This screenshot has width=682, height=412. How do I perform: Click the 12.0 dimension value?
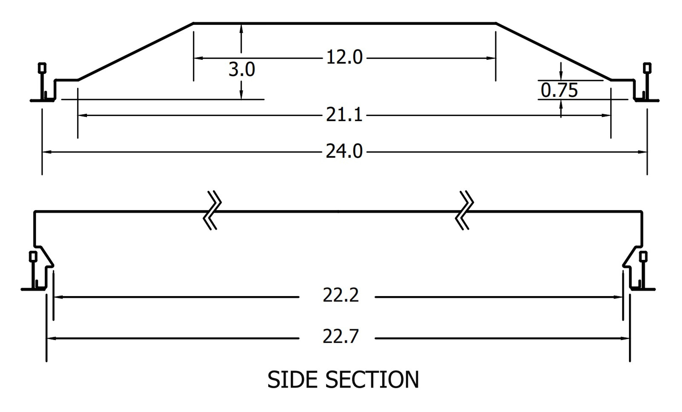tap(344, 58)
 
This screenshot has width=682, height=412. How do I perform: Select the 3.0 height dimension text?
tap(242, 70)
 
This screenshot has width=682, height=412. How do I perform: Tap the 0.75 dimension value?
tap(559, 90)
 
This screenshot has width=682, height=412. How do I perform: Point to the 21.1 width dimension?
tap(344, 115)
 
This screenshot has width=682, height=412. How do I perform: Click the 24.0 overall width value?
tap(344, 152)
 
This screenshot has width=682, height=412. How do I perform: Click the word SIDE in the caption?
tap(292, 380)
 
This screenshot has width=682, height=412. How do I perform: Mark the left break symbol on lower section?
tap(212, 210)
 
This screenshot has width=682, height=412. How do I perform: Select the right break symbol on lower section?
tap(465, 210)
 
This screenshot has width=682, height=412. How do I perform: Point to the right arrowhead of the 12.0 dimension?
tap(492, 58)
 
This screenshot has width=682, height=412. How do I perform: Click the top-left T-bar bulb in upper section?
tap(42, 68)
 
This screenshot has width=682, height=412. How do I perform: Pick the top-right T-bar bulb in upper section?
tap(647, 68)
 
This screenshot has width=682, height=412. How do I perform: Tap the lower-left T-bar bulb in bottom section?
tap(33, 256)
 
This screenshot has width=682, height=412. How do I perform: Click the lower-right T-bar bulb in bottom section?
tap(643, 256)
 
